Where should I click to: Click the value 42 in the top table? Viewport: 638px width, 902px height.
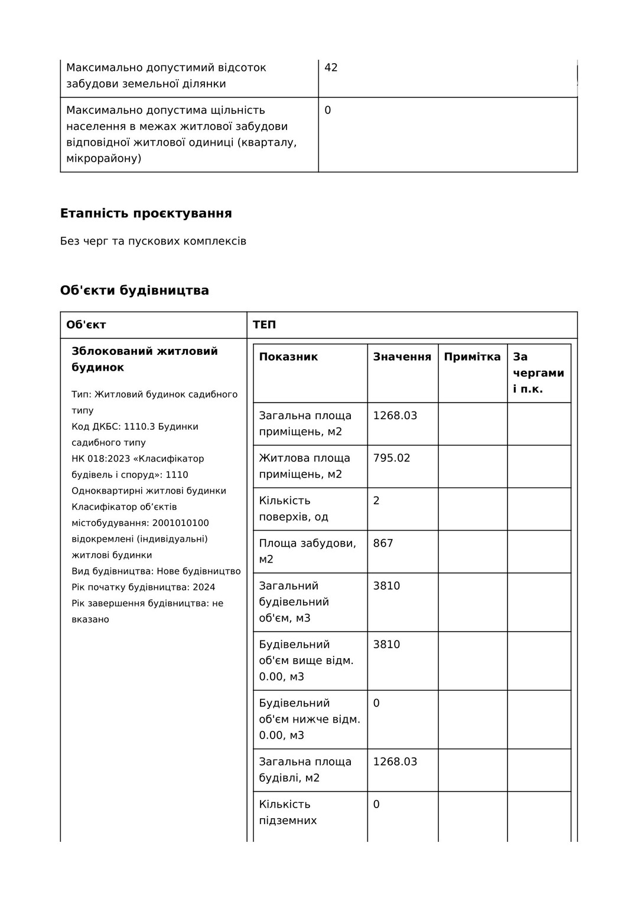331,67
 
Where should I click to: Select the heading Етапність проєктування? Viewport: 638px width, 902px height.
146,213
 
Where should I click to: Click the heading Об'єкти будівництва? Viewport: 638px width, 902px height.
135,290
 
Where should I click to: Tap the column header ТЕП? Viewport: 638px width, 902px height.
264,325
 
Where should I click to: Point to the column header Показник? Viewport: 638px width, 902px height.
288,357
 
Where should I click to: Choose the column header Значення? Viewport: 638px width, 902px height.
402,357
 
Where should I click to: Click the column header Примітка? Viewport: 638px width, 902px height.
472,357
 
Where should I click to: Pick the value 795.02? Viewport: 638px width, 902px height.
391,458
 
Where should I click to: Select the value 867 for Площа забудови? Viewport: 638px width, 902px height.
383,543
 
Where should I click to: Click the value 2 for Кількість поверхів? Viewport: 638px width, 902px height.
376,501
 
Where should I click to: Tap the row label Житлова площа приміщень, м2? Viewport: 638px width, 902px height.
304,466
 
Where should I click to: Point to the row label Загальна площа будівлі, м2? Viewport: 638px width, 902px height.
305,770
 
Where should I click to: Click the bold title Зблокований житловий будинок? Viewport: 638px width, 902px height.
145,359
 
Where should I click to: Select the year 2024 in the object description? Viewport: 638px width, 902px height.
204,587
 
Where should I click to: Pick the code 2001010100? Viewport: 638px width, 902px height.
180,523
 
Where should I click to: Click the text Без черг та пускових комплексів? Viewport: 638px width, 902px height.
153,241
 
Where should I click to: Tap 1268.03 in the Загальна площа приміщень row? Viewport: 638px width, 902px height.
395,416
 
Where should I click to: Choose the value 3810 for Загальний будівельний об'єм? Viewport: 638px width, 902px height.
386,586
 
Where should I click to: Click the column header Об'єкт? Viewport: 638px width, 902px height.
86,325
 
